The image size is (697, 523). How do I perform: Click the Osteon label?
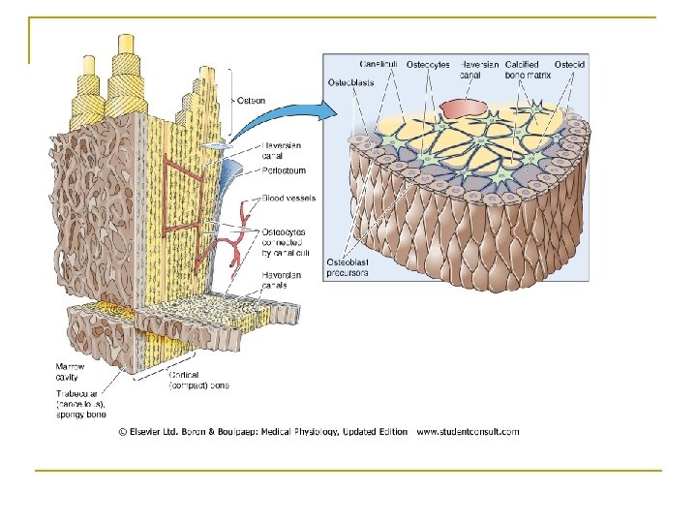click(254, 99)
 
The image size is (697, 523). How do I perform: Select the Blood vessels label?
click(288, 199)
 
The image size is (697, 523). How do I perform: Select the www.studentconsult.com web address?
click(467, 431)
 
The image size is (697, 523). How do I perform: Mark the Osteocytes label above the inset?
click(429, 64)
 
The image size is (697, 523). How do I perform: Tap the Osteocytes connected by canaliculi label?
click(288, 242)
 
